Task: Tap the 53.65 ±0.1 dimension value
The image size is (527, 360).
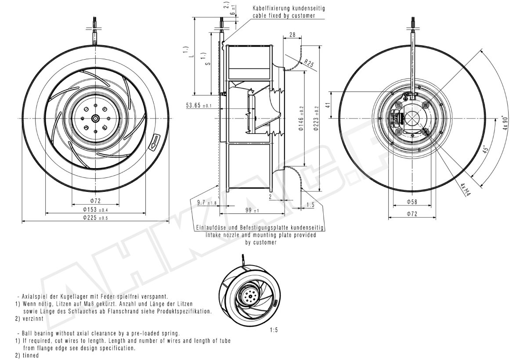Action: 199,106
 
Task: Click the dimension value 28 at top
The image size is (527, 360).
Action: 292,34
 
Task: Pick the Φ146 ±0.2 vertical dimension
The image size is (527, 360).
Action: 301,119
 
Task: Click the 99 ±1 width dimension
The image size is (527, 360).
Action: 252,211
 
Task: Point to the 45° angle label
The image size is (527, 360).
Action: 484,150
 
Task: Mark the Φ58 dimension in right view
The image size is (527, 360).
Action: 411,202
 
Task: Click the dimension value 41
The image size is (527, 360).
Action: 327,105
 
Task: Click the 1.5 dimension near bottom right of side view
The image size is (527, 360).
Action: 310,205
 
